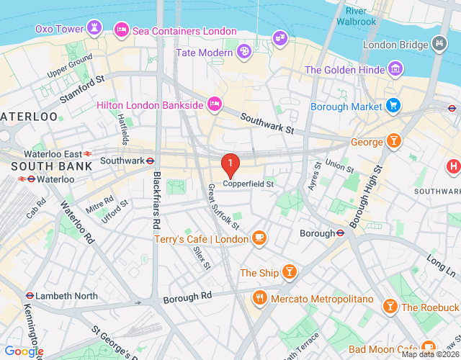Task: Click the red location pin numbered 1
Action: tap(230, 166)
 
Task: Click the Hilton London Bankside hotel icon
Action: tap(214, 105)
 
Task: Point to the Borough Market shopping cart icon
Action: tap(393, 107)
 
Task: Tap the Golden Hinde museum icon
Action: tap(395, 70)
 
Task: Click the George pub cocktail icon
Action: tap(394, 141)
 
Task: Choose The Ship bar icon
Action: tap(289, 272)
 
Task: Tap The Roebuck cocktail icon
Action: tap(390, 307)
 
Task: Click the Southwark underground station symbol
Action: tap(151, 161)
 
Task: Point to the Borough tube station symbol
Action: tap(341, 233)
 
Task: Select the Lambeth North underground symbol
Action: tap(29, 296)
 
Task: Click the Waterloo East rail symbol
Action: tap(87, 153)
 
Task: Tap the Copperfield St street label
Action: tap(249, 184)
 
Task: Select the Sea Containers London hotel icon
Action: tap(122, 30)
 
